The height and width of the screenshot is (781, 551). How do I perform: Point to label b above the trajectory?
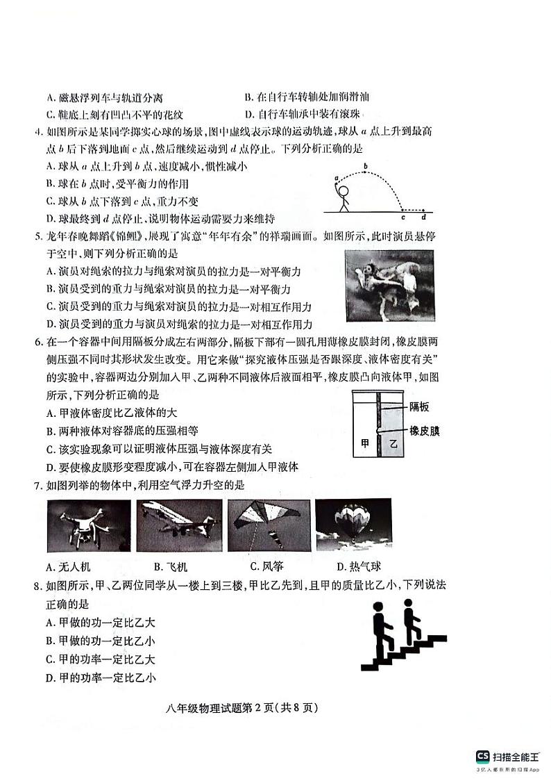[366, 165]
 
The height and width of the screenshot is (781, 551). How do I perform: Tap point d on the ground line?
[423, 217]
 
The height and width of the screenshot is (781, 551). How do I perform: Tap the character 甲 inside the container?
[365, 443]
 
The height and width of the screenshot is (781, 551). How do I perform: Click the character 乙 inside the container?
[393, 443]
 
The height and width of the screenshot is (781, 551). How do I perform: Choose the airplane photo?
[178, 526]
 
